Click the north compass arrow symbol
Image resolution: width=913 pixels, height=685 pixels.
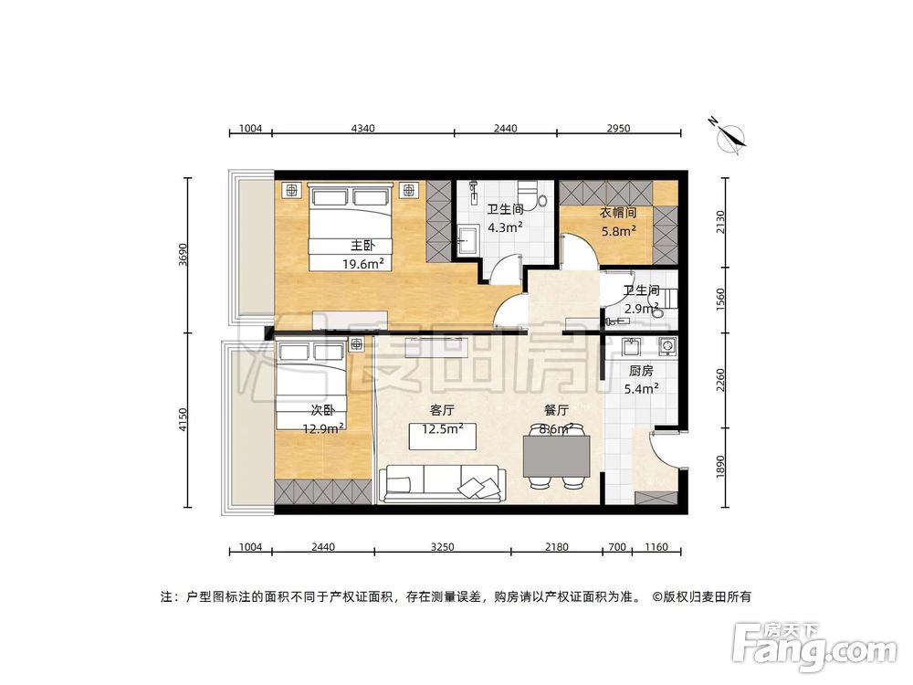[x=730, y=136]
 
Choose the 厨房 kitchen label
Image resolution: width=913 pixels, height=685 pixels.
[x=641, y=372]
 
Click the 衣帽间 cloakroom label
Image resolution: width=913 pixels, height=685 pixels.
[x=618, y=213]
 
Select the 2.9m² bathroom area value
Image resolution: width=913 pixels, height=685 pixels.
[x=640, y=310]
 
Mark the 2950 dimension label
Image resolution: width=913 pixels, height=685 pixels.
[x=618, y=129]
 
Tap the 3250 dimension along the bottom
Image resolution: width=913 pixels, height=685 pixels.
[x=442, y=547]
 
